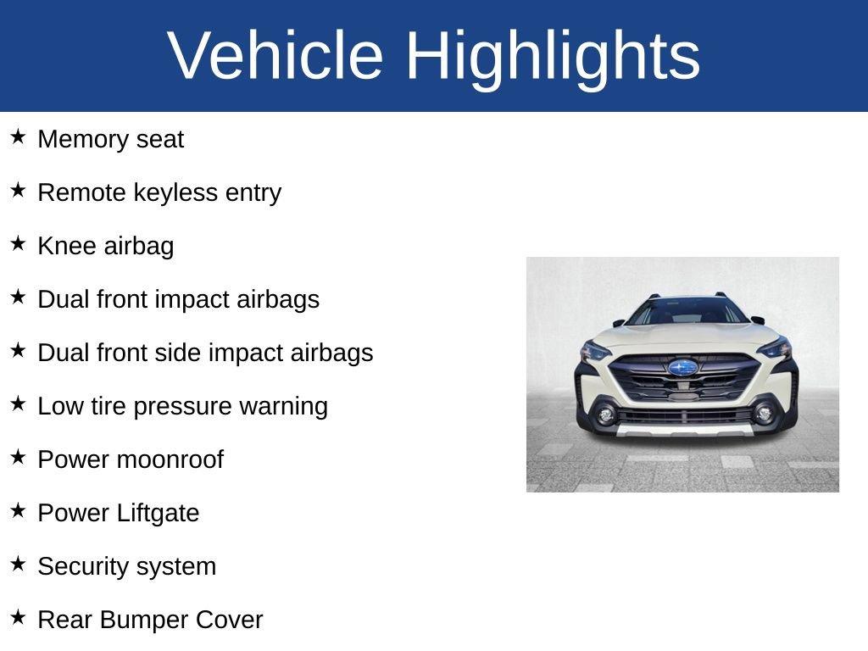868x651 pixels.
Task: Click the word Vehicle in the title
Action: tap(275, 56)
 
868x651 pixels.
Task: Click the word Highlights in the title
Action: tap(553, 56)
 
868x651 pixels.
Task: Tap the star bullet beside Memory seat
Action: tap(19, 136)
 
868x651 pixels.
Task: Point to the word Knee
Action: tap(67, 246)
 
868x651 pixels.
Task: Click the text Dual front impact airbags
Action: tap(178, 299)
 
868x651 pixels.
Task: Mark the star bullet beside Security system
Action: tap(19, 564)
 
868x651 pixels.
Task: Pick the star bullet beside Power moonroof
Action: tap(19, 457)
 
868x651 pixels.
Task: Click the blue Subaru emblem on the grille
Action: tap(682, 367)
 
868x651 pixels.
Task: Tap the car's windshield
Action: tap(687, 312)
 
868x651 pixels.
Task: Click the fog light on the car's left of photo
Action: tap(604, 415)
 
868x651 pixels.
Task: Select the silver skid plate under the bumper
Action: tap(683, 431)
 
